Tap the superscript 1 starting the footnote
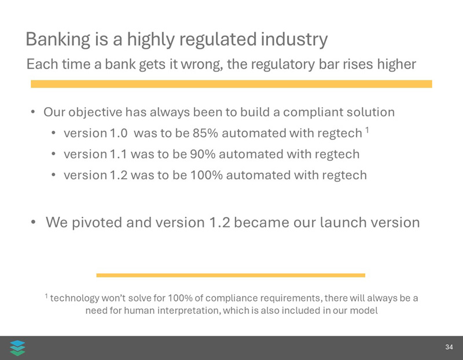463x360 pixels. pyautogui.click(x=46, y=296)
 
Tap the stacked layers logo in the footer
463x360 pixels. pyautogui.click(x=18, y=348)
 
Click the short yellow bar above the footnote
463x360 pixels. pyautogui.click(x=230, y=275)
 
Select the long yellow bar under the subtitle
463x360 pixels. pyautogui.click(x=231, y=84)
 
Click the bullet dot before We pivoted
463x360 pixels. pyautogui.click(x=34, y=222)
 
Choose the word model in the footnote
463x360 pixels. pyautogui.click(x=363, y=311)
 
